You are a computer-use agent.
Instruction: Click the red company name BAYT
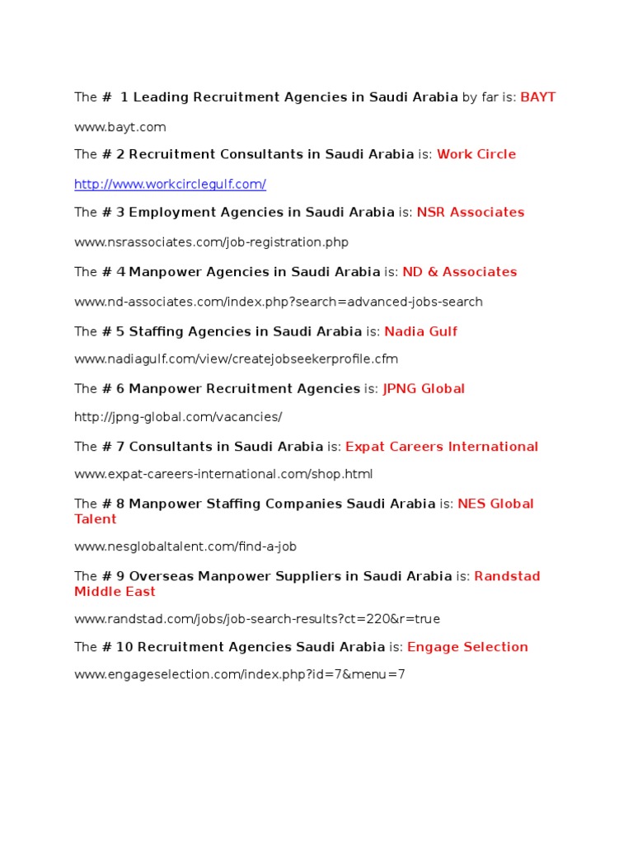[538, 97]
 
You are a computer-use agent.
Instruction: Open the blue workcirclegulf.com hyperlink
[170, 184]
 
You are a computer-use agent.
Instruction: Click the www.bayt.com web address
[120, 127]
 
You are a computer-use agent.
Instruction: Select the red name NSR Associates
[471, 213]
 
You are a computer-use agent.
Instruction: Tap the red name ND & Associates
[459, 272]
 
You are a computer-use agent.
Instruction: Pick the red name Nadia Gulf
[420, 331]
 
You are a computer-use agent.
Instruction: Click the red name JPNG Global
[424, 389]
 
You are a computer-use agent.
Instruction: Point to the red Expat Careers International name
[442, 447]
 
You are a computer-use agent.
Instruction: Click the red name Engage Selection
[467, 647]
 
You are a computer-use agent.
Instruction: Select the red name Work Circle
[476, 154]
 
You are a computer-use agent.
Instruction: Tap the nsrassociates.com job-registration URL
[211, 242]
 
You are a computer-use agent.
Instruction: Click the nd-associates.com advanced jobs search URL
[279, 302]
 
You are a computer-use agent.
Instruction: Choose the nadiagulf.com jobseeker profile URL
[236, 359]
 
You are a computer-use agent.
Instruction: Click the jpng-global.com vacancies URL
[178, 417]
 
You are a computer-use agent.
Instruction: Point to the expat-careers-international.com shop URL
[223, 474]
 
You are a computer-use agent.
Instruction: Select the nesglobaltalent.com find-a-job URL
[185, 546]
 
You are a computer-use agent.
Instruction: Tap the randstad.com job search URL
[251, 619]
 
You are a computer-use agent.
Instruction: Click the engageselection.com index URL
[240, 675]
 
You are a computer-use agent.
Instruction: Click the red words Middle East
[115, 592]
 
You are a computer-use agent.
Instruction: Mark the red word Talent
[96, 519]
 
